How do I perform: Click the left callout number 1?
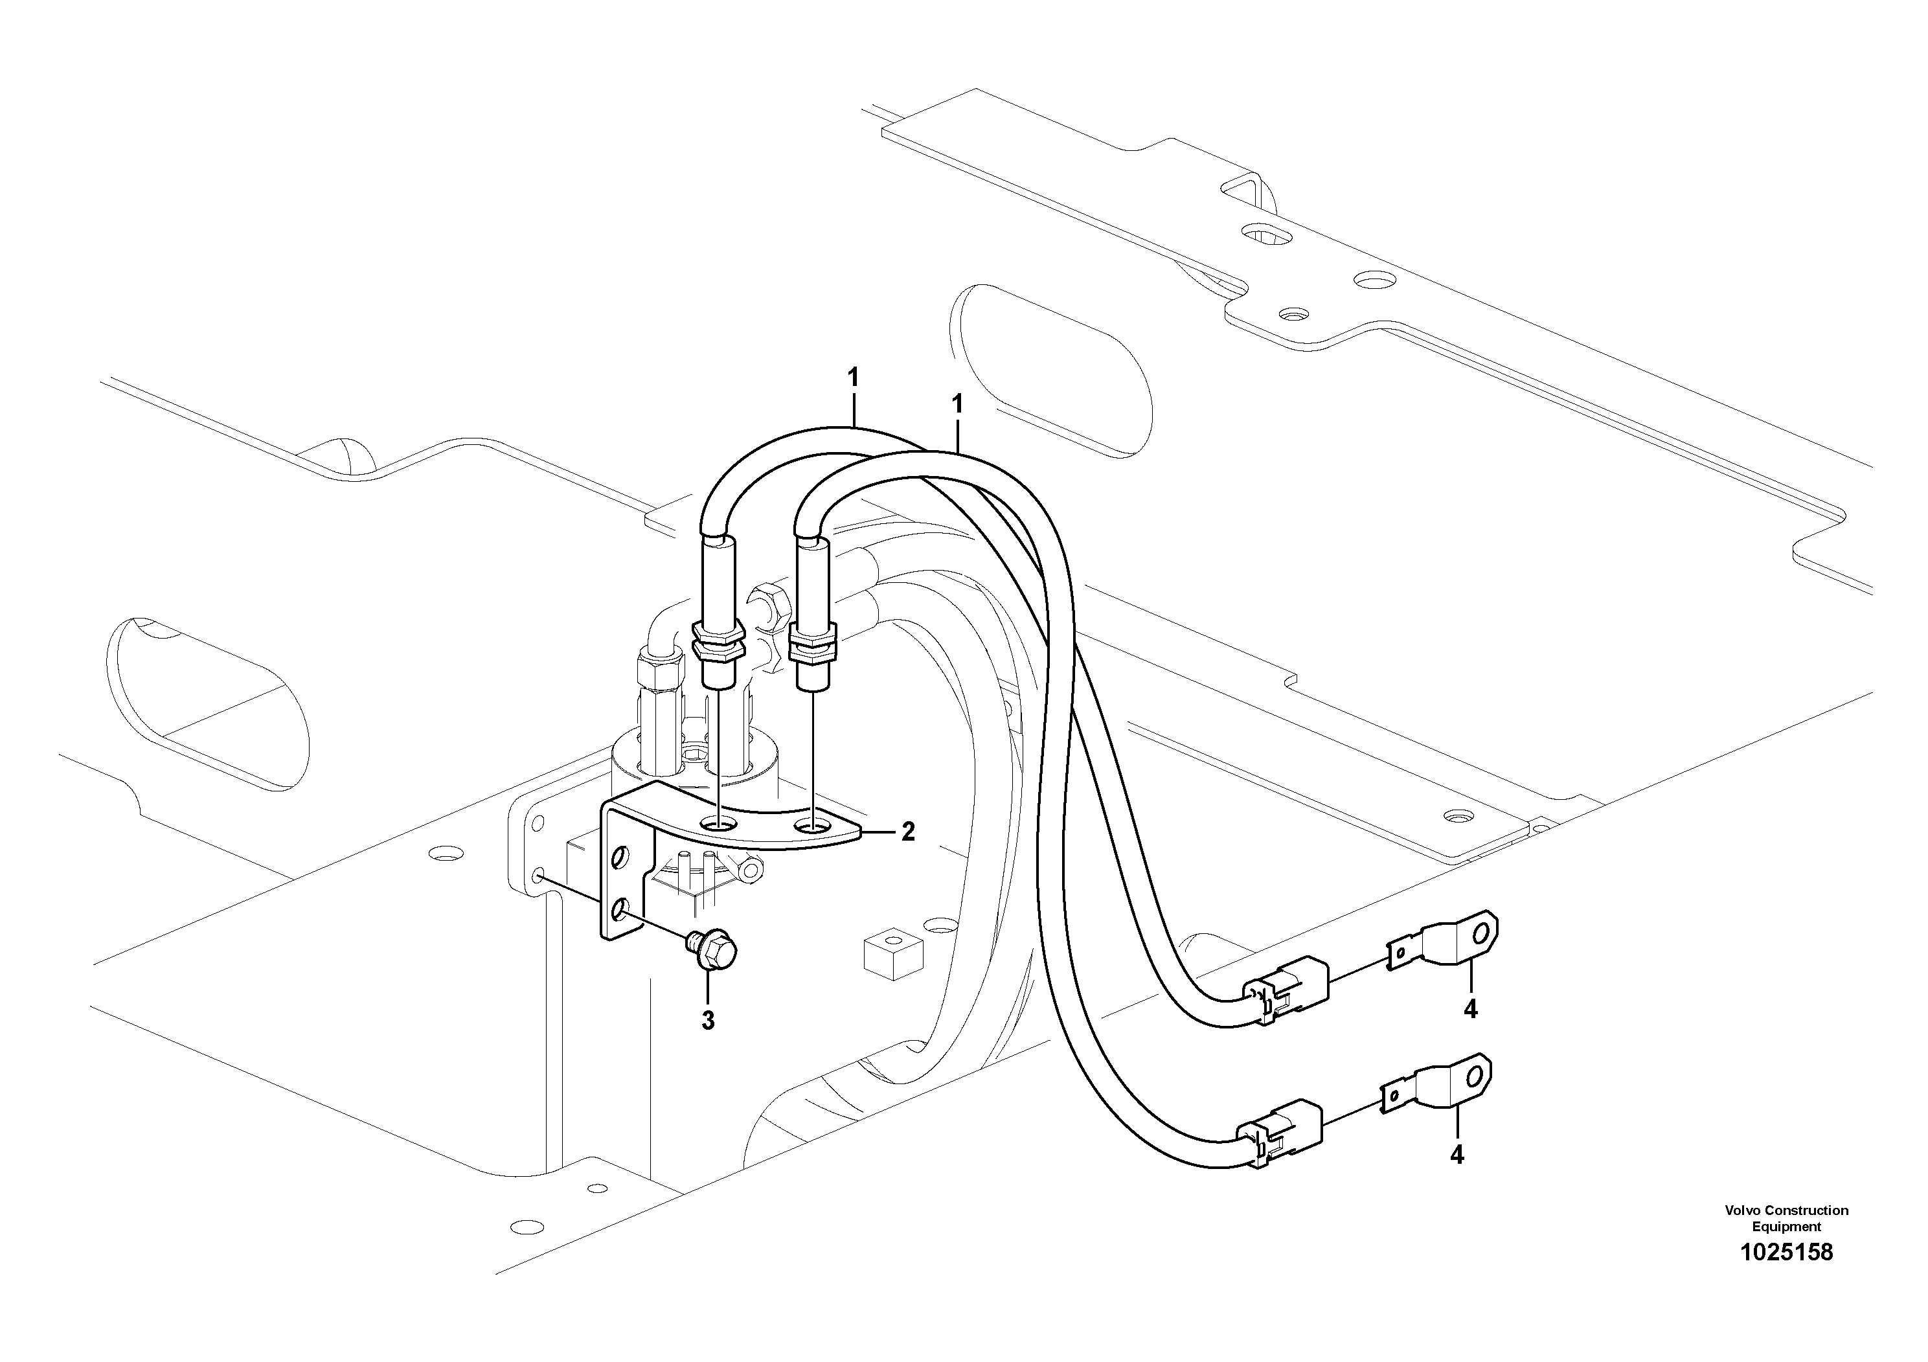click(853, 377)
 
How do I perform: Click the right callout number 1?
click(957, 404)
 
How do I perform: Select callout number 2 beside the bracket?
click(908, 832)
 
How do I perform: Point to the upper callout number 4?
click(1469, 1008)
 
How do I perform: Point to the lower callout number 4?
click(1457, 1155)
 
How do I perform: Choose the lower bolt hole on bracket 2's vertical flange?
click(621, 908)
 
